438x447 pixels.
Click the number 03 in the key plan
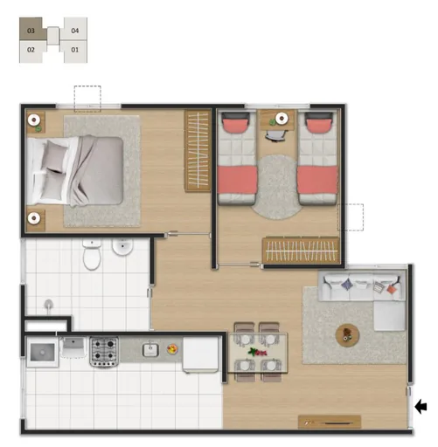[x=31, y=31]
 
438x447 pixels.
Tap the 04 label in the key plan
[x=75, y=31]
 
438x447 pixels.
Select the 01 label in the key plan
[x=75, y=50]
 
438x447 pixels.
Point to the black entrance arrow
[x=422, y=405]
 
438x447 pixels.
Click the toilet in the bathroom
[x=92, y=255]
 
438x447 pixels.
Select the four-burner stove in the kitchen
[x=104, y=351]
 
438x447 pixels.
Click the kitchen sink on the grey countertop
[x=149, y=351]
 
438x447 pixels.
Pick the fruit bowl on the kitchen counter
[x=172, y=351]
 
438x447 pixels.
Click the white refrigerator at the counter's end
[x=200, y=354]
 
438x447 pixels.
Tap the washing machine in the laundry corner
[x=39, y=354]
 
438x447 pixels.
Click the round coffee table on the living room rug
[x=347, y=333]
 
